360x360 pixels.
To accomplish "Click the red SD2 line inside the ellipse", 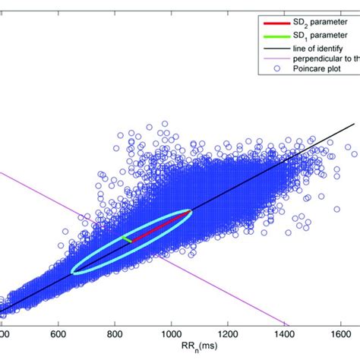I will coord(159,226).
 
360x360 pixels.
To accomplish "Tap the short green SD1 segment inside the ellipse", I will coord(127,238).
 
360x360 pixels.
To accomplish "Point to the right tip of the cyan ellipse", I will coord(191,213).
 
